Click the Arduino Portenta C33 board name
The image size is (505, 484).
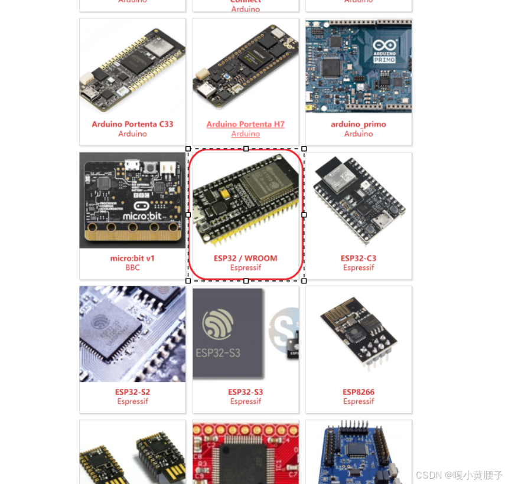132,124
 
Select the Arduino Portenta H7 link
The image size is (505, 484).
245,124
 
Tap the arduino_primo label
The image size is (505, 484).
358,124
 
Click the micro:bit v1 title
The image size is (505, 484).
132,258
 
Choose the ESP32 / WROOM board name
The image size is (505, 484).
245,258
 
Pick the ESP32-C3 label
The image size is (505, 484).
358,258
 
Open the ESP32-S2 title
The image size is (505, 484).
132,392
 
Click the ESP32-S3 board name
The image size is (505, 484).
245,392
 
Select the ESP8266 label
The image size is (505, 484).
358,392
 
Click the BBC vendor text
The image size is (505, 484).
132,267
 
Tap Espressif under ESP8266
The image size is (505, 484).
358,401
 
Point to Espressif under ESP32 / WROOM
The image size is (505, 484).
245,267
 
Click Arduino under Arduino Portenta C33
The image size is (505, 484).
132,133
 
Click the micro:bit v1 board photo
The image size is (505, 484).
132,200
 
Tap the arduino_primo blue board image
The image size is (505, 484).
358,66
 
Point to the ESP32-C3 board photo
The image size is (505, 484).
358,200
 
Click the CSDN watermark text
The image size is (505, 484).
459,475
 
